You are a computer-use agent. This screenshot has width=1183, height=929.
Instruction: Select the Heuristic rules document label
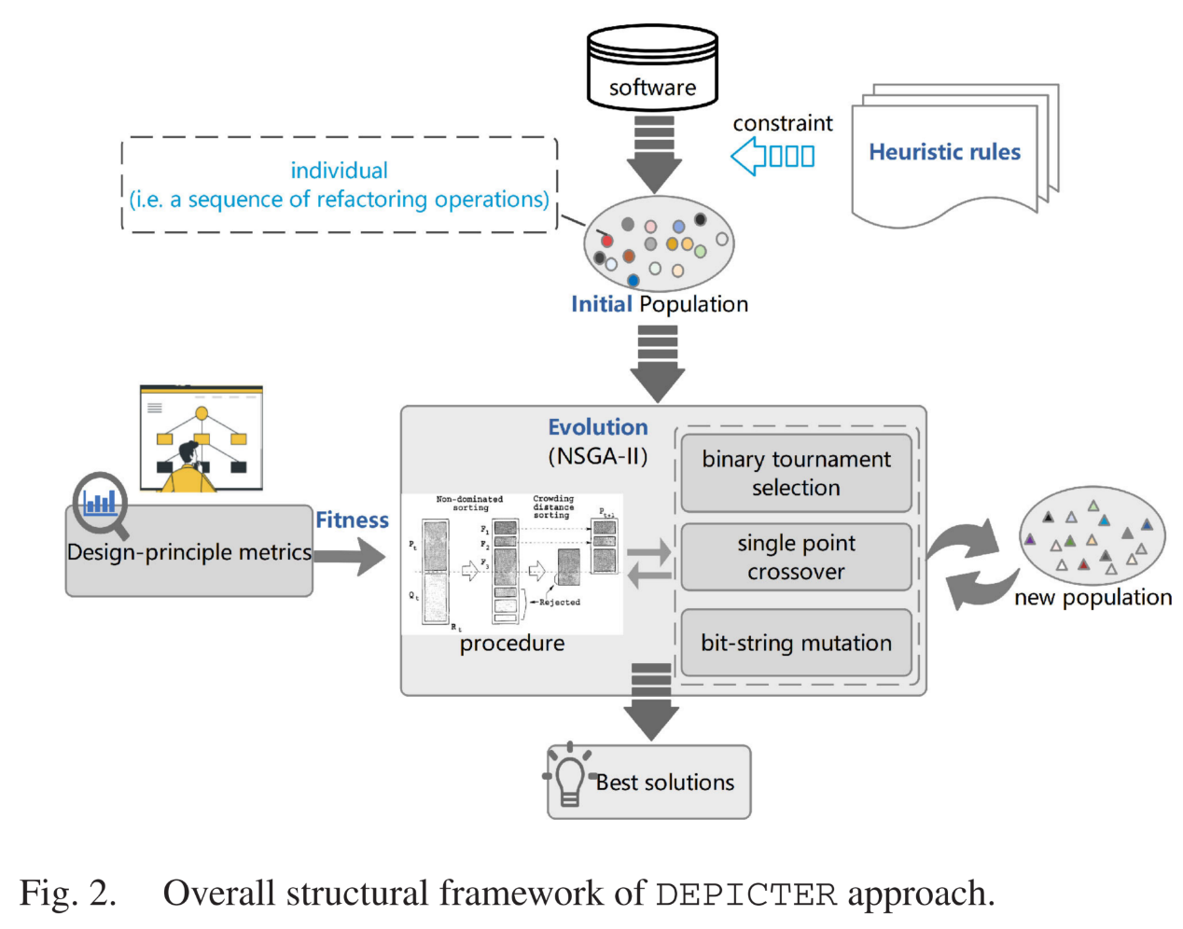click(x=944, y=152)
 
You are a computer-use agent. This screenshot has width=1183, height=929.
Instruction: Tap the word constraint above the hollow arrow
click(x=782, y=123)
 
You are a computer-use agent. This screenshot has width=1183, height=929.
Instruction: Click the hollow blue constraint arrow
click(x=772, y=156)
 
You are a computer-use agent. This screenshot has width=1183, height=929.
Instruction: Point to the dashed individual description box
click(x=340, y=185)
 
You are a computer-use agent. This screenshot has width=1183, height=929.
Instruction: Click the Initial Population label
click(x=659, y=304)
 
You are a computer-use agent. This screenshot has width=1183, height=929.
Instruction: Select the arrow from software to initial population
click(x=654, y=155)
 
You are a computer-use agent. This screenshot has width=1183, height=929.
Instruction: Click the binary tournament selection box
click(x=796, y=473)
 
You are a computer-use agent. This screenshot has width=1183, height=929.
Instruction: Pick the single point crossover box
click(x=796, y=557)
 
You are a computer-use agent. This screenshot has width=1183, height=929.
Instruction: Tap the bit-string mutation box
click(x=796, y=643)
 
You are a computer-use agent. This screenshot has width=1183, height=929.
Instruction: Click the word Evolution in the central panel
click(x=597, y=427)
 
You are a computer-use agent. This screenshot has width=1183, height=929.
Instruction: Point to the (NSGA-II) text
click(x=597, y=456)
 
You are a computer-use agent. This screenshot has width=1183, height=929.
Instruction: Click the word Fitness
click(x=352, y=520)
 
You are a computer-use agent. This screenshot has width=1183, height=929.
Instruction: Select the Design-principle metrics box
click(x=189, y=553)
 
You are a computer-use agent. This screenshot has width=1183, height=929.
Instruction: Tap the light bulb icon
click(x=569, y=777)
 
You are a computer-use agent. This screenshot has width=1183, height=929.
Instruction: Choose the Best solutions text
click(x=665, y=783)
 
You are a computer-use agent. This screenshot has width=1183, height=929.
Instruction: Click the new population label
click(x=1093, y=597)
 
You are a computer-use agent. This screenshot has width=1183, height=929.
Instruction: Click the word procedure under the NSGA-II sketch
click(x=511, y=644)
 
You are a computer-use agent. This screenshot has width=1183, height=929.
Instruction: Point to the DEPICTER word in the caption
click(x=745, y=894)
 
